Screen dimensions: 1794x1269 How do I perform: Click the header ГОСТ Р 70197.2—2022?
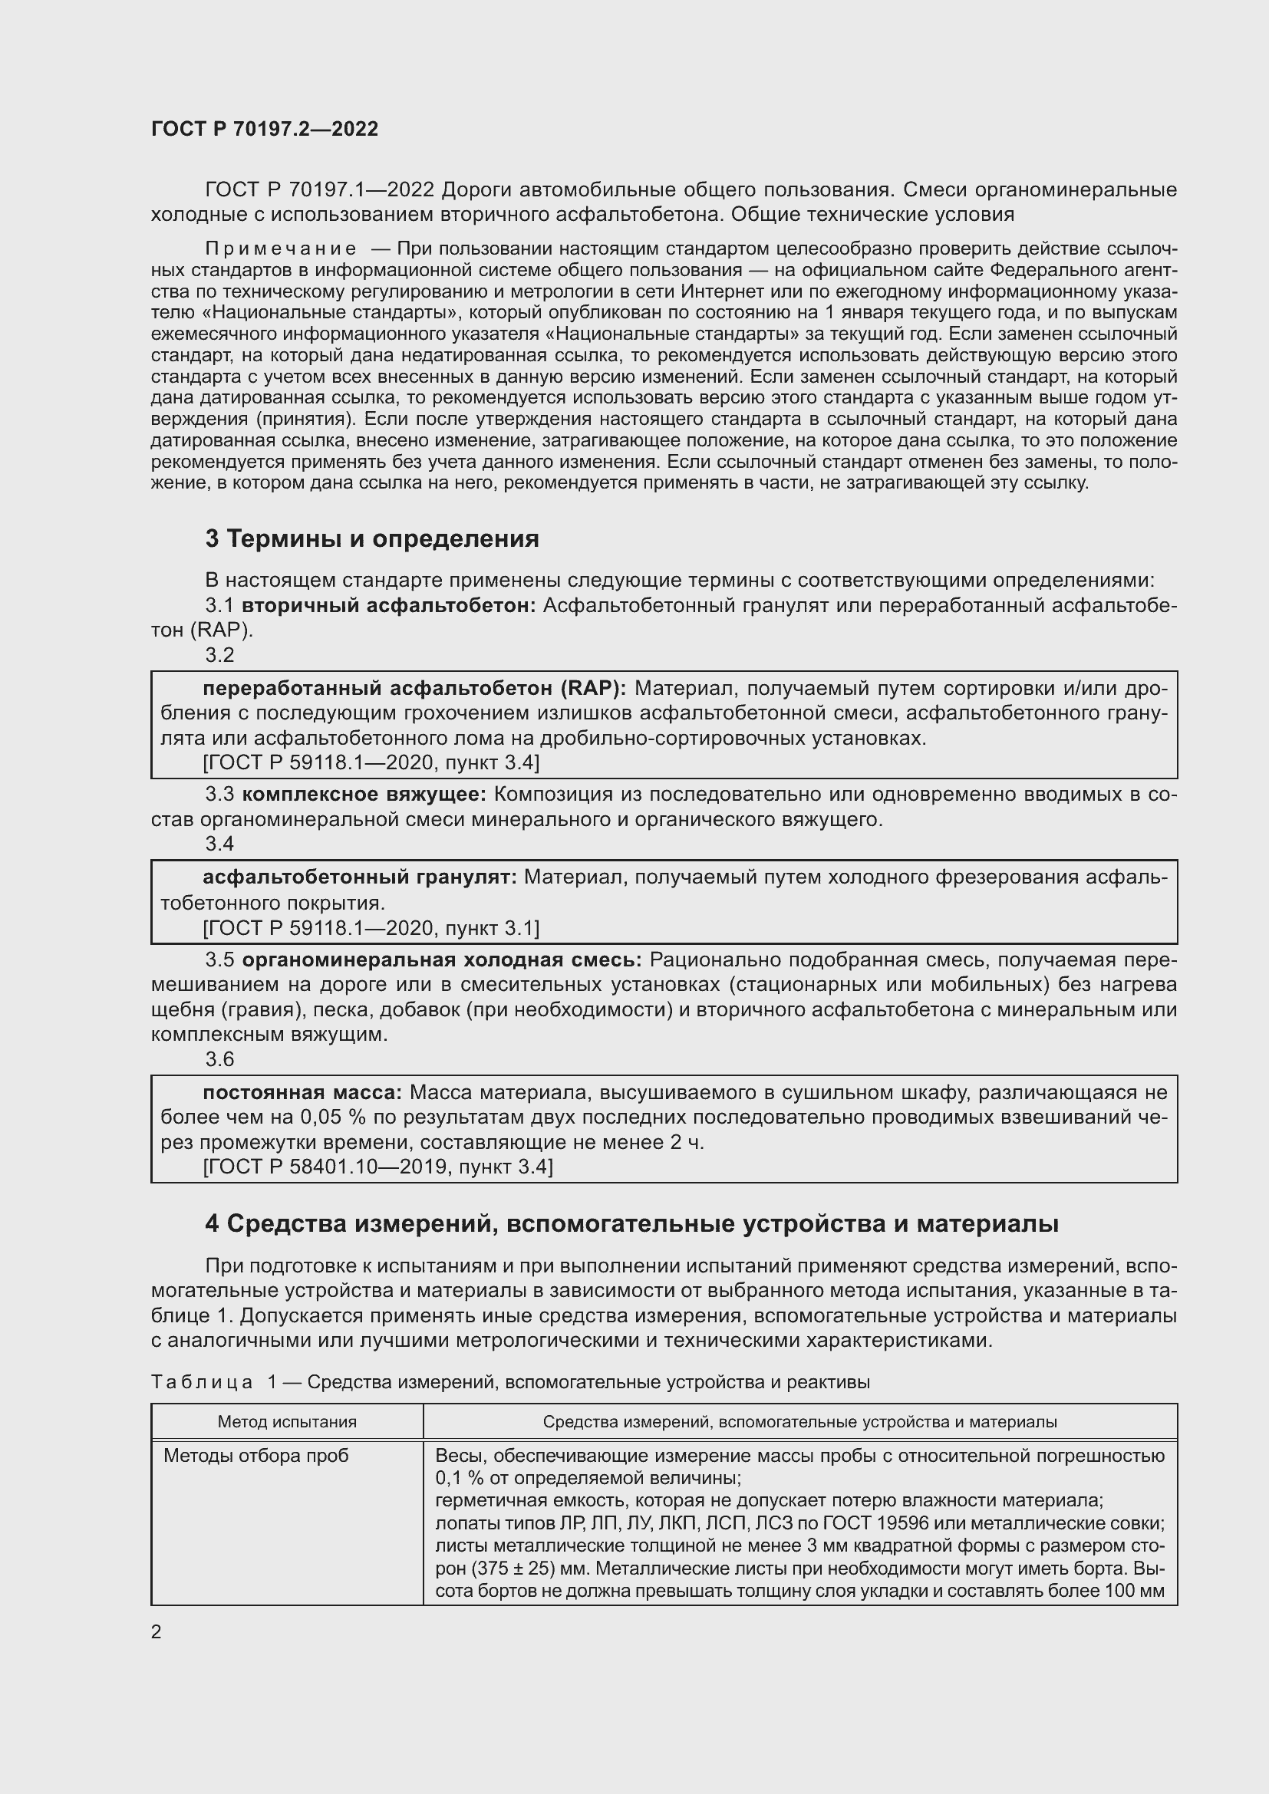264,130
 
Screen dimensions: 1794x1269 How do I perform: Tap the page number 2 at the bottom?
157,1632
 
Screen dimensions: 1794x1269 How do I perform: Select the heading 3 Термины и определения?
372,539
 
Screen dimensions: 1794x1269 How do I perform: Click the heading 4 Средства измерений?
631,1223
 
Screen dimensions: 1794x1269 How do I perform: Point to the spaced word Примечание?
281,249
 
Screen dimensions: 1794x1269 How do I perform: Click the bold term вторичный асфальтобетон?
388,606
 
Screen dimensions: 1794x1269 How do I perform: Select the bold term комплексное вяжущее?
364,795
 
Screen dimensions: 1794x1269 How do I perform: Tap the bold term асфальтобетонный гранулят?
359,877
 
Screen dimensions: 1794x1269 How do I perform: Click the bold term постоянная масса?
302,1092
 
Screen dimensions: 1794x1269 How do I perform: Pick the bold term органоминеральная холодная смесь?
441,960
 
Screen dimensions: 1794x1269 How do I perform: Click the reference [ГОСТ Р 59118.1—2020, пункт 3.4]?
371,762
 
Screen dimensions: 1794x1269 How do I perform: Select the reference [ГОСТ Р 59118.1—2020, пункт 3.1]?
371,928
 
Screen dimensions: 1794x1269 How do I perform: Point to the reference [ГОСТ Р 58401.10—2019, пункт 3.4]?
377,1167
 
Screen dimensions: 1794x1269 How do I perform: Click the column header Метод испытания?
287,1422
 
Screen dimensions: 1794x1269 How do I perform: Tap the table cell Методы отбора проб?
255,1456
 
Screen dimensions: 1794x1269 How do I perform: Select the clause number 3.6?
219,1058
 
